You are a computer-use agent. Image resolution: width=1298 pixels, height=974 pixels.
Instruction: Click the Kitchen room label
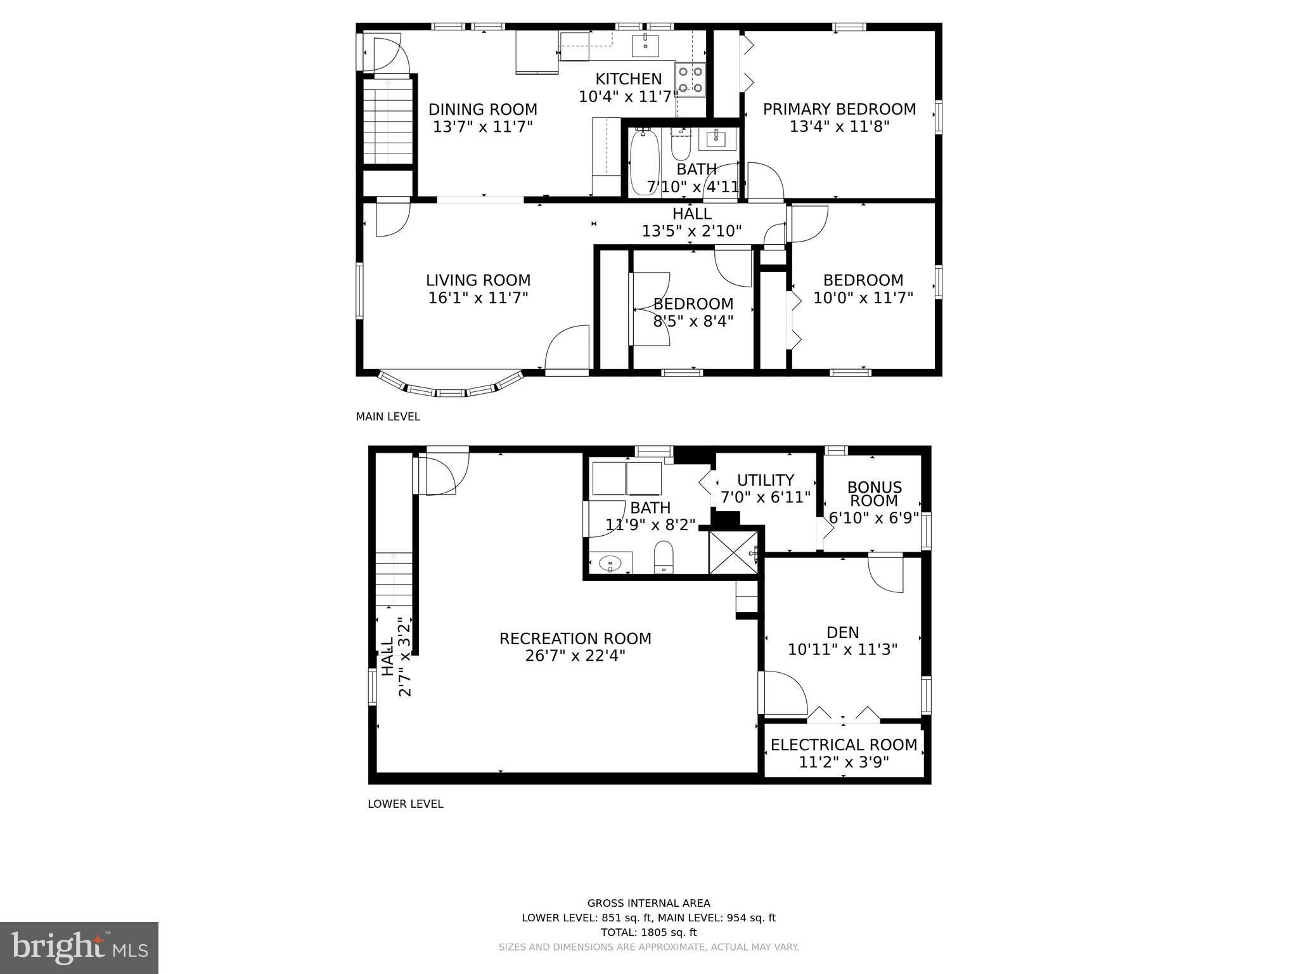pyautogui.click(x=628, y=79)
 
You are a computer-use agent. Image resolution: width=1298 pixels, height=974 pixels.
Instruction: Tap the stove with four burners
pyautogui.click(x=690, y=79)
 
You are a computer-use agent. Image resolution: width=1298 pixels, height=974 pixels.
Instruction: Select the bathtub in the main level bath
pyautogui.click(x=645, y=161)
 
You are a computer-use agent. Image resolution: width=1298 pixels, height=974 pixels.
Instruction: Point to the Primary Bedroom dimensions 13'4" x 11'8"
pyautogui.click(x=839, y=127)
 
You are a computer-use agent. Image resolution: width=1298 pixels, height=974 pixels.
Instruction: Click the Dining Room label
pyautogui.click(x=482, y=110)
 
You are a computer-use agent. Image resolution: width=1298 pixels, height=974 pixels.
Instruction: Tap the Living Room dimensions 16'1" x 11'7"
pyautogui.click(x=478, y=298)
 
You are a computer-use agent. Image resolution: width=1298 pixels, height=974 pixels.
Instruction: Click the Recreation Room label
pyautogui.click(x=575, y=639)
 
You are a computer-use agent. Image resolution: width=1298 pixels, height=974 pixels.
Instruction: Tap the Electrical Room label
pyautogui.click(x=844, y=744)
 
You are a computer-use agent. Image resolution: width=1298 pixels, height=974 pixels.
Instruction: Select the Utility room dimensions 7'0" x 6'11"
pyautogui.click(x=766, y=497)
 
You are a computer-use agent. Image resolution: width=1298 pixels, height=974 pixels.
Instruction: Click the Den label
pyautogui.click(x=842, y=632)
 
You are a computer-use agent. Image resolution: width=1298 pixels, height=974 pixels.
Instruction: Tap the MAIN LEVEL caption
pyautogui.click(x=387, y=417)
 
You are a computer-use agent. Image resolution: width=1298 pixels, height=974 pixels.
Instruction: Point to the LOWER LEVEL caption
pyautogui.click(x=405, y=803)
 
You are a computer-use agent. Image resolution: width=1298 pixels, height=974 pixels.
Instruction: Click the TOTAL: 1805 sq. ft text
pyautogui.click(x=648, y=932)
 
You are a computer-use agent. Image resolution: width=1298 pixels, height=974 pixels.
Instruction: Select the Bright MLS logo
pyautogui.click(x=79, y=947)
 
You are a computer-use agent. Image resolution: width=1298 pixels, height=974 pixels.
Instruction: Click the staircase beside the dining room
pyautogui.click(x=388, y=120)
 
